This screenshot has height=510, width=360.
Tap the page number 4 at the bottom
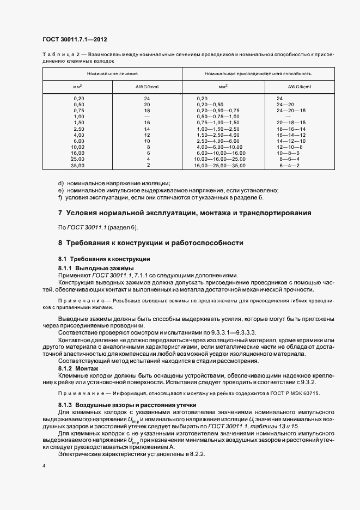coord(44,466)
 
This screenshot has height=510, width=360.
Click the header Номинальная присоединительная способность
coord(258,72)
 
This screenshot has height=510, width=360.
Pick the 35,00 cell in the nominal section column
coord(78,165)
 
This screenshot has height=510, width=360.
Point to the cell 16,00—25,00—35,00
coord(220,165)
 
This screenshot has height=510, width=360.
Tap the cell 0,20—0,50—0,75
coord(217,110)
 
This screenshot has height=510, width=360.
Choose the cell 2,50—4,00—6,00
coord(217,140)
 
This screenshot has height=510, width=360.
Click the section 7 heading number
coord(60,213)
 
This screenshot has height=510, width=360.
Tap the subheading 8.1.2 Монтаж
coord(78,369)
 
